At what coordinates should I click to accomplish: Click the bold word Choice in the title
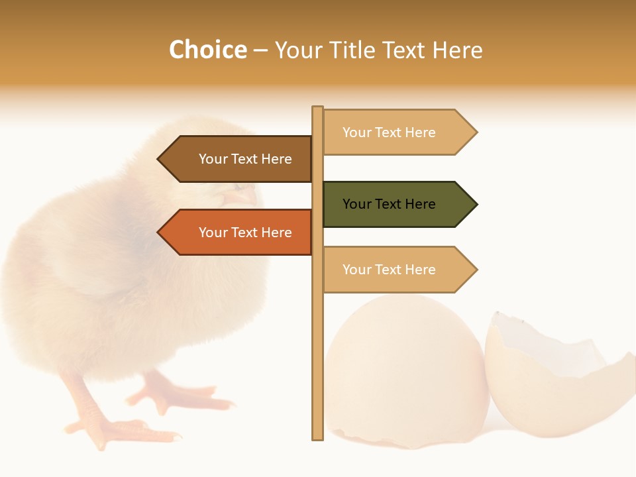click(x=207, y=50)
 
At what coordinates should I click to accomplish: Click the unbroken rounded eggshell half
click(x=404, y=371)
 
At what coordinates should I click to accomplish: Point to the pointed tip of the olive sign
click(x=475, y=204)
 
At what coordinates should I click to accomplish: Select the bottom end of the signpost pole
click(x=318, y=436)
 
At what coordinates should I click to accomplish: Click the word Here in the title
click(x=457, y=50)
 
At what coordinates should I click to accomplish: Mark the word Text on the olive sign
click(x=390, y=204)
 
